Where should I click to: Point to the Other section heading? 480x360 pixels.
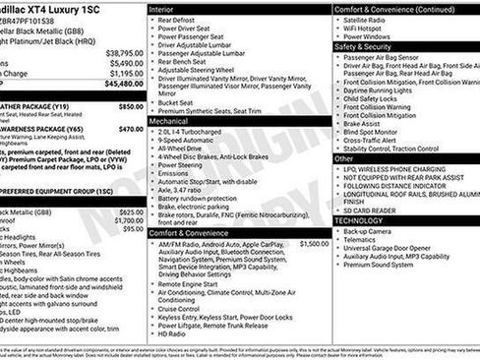click(x=344, y=157)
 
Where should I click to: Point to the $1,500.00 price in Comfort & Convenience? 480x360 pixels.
click(x=314, y=243)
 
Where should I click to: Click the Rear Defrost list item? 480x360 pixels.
click(x=181, y=20)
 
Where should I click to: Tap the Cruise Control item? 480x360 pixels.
click(x=185, y=307)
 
